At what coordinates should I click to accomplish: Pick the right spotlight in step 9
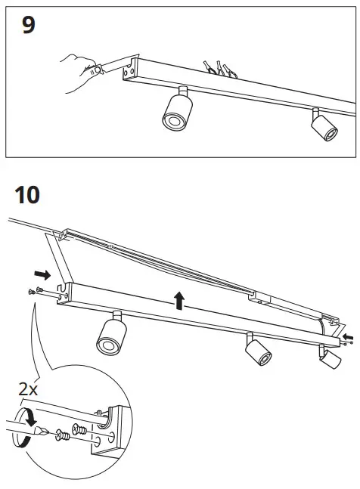click(x=324, y=126)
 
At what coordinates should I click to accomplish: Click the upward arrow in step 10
click(x=179, y=301)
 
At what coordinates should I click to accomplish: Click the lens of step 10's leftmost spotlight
click(x=107, y=345)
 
